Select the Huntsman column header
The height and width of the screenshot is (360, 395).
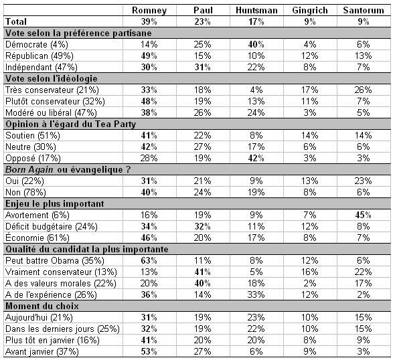pos(252,11)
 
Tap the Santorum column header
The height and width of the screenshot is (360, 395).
pos(363,11)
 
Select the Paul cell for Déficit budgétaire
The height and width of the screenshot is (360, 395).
pos(206,226)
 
